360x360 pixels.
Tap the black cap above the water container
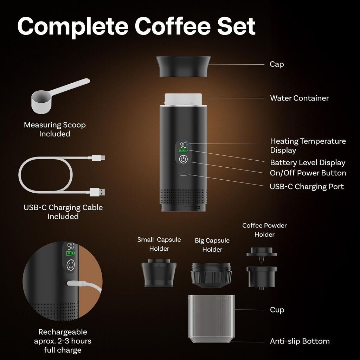183,66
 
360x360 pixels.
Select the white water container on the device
183,99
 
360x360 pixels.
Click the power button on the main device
183,159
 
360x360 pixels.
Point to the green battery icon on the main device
183,150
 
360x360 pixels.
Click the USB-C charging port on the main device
183,174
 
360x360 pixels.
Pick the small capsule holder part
159,273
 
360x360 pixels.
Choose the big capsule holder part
211,275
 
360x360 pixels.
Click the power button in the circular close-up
71,265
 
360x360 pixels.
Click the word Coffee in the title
172,26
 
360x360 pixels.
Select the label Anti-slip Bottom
300,341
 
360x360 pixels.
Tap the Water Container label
299,98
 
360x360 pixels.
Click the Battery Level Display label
308,163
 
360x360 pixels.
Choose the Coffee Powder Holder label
264,230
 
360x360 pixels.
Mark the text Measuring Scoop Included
54,129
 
